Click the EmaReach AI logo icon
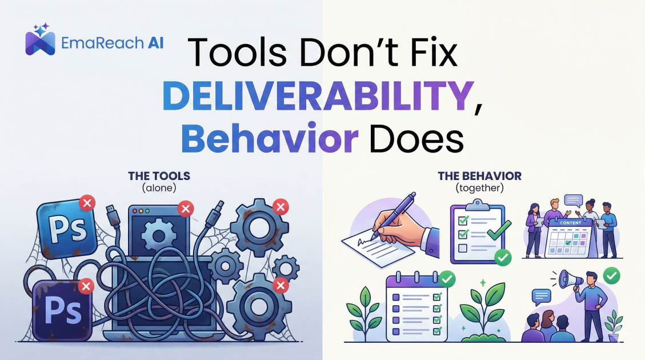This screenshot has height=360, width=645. coord(40,41)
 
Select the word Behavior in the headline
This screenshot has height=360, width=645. coord(269,140)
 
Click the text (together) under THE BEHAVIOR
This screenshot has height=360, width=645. coord(479,187)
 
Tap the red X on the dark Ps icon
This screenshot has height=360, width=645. coord(86,285)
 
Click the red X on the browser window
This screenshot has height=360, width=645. coord(185,209)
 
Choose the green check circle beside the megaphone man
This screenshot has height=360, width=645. coord(612,277)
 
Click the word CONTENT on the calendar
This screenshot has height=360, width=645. coord(570,222)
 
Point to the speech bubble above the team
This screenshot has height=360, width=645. coord(572,199)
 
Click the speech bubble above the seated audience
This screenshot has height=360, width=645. coord(541,295)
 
